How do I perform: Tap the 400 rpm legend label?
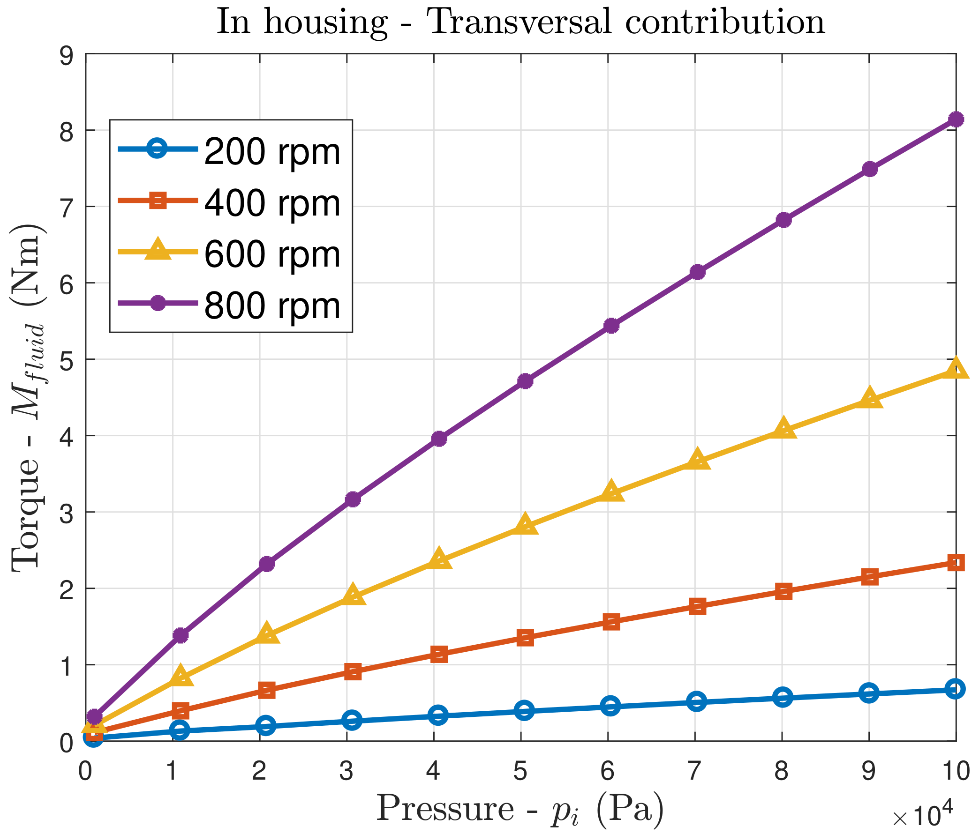272,203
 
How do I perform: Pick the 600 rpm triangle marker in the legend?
158,251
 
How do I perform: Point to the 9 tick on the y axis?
67,54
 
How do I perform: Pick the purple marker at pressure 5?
525,381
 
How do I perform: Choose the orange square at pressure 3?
353,671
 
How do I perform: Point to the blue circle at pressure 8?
783,698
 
